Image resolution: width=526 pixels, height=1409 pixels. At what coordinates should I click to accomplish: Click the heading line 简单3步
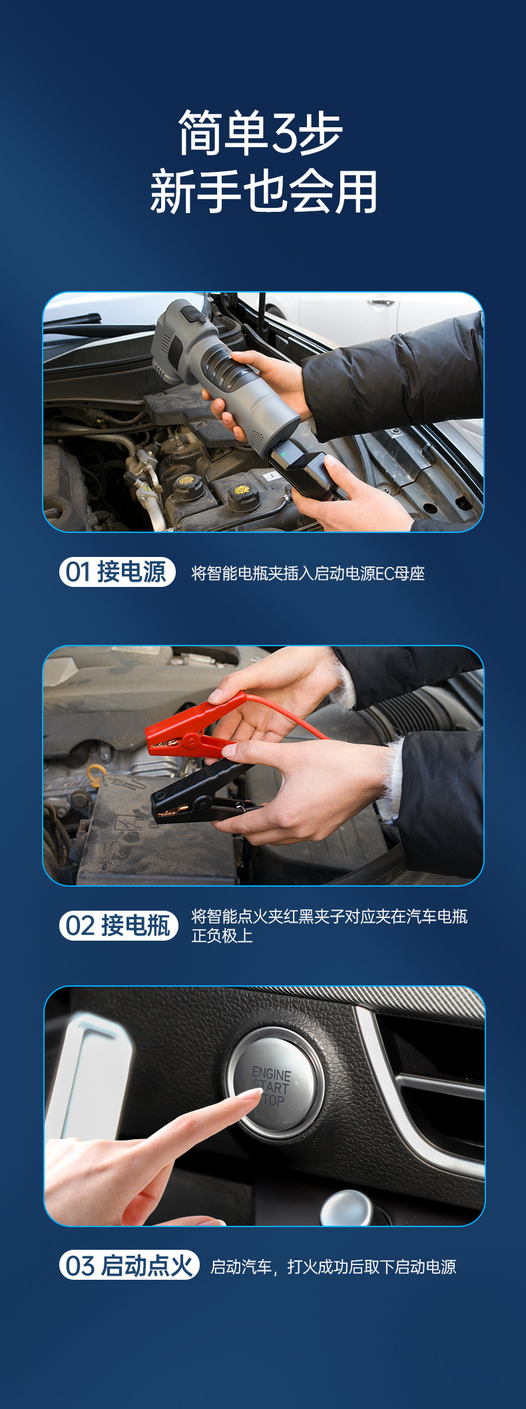(260, 133)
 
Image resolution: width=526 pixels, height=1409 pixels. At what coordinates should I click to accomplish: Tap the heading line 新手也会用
(264, 192)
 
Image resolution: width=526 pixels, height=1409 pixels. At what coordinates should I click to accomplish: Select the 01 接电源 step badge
(117, 572)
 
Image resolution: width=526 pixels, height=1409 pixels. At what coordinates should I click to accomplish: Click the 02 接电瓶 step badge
(119, 925)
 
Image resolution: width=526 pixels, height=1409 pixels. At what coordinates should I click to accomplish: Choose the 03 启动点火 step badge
(129, 1265)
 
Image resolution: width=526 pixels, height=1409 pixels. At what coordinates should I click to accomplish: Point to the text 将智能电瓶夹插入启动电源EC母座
(308, 573)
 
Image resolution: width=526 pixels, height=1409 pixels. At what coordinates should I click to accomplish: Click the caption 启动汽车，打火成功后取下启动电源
(333, 1266)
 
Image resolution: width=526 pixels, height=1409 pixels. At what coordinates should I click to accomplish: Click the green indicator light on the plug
(282, 455)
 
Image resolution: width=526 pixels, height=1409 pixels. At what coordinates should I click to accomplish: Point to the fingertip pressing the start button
(254, 1094)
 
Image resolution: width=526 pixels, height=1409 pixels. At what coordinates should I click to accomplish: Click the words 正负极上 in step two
(222, 936)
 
